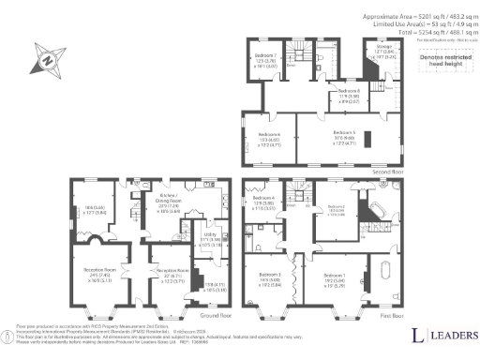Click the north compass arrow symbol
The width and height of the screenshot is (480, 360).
tap(44, 58)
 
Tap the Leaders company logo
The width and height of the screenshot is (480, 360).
tap(441, 335)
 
